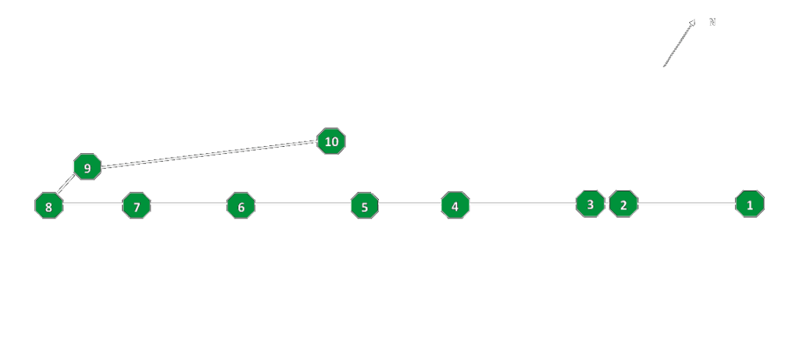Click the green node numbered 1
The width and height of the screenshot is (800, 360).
(750, 204)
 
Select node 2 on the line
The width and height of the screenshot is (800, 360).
(623, 204)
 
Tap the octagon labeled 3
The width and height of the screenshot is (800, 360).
(591, 204)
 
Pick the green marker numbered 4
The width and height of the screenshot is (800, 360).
(455, 205)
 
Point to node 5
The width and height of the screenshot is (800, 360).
(365, 205)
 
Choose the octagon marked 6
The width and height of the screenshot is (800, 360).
(241, 205)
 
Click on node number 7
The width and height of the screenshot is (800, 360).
(137, 205)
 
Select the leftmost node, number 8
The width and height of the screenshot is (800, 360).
(49, 205)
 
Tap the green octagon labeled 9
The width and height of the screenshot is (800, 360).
(87, 167)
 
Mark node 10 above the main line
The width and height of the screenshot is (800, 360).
(331, 141)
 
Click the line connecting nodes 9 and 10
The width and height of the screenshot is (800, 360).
(209, 154)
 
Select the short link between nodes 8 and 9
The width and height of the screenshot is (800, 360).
(66, 184)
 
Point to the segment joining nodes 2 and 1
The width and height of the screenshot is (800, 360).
(687, 203)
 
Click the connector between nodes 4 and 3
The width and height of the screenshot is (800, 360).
(523, 203)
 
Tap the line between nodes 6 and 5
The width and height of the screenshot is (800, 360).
(303, 203)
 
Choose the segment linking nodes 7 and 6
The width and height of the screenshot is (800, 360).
(189, 203)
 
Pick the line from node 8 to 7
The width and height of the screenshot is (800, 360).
(93, 203)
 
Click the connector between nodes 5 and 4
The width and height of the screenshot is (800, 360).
(410, 203)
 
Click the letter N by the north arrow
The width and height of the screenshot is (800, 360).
(712, 22)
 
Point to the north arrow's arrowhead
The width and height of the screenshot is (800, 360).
(692, 23)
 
